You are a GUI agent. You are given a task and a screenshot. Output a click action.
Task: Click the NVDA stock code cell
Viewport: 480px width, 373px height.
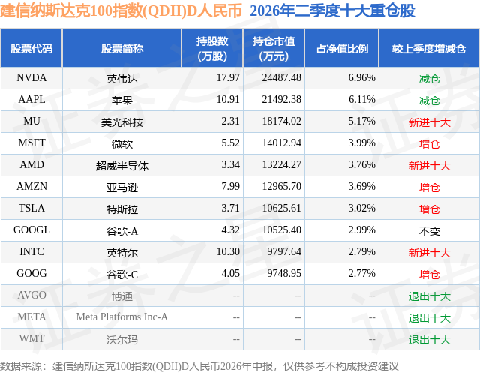[x=31, y=78]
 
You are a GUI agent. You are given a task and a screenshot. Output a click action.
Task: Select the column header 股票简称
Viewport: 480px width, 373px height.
[x=122, y=49]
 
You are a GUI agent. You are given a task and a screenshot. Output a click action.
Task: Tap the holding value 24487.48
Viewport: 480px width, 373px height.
[x=282, y=78]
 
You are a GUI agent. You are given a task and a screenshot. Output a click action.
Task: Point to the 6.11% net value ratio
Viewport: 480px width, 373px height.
[x=361, y=100]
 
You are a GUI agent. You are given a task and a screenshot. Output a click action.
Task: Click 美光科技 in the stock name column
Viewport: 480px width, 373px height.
[x=122, y=122]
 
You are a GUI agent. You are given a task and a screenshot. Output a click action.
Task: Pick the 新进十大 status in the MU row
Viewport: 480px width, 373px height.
[x=429, y=122]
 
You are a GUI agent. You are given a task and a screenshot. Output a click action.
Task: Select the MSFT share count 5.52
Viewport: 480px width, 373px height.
[x=230, y=143]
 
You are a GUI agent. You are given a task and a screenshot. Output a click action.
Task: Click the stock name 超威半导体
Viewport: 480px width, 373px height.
[x=122, y=166]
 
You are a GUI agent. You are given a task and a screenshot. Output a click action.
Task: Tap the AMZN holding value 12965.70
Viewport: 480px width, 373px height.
[x=282, y=186]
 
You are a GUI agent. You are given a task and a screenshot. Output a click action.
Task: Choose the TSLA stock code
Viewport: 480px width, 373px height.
[x=31, y=208]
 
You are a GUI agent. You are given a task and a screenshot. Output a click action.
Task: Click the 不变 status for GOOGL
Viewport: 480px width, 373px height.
[x=429, y=231]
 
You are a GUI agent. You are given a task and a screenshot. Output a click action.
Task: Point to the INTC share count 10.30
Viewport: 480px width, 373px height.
[x=228, y=251]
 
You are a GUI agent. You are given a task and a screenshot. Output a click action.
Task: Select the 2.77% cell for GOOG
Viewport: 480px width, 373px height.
[x=361, y=273]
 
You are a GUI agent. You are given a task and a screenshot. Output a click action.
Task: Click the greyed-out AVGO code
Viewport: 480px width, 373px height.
[x=31, y=295]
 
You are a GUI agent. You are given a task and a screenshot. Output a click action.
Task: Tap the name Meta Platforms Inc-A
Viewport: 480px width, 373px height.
[x=122, y=317]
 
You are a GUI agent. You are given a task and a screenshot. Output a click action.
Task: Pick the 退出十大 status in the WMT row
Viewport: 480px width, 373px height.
[x=429, y=340]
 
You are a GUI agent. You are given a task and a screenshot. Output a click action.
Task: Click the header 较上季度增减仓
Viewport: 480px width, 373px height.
[x=429, y=49]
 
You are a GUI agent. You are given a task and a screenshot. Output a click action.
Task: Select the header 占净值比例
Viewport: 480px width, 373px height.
[x=342, y=49]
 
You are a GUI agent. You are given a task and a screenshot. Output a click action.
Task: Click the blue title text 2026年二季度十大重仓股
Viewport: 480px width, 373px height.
[x=332, y=11]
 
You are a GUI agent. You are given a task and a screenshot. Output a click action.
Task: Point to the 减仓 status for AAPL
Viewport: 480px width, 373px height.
[x=429, y=101]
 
